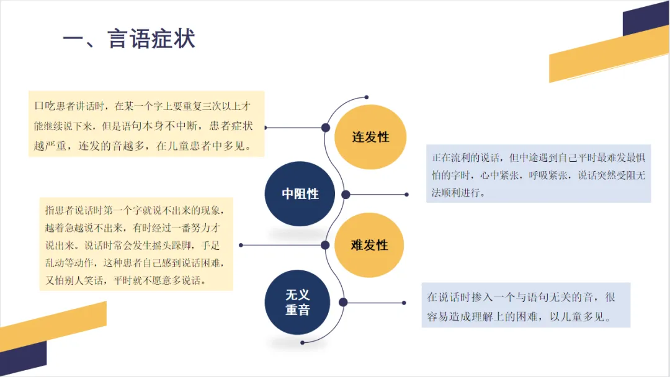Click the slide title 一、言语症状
129,38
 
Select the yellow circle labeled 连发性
370,137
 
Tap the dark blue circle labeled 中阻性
300,193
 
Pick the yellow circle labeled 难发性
370,245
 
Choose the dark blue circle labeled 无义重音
298,302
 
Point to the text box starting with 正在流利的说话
538,174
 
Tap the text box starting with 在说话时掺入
526,305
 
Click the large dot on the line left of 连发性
325,127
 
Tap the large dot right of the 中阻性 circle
346,195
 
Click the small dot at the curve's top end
367,97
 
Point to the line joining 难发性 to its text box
282,245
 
